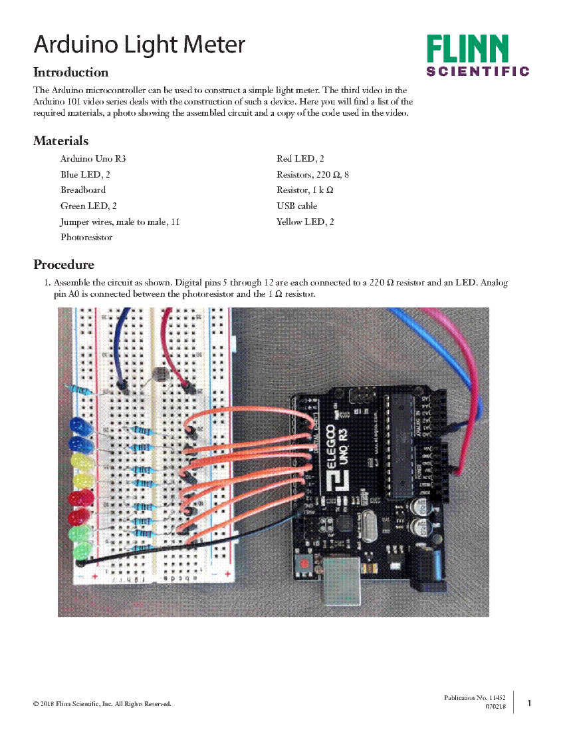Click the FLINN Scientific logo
tap(477, 56)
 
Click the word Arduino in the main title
tap(74, 45)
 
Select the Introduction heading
tap(70, 73)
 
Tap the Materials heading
tap(60, 141)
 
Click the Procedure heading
tap(64, 265)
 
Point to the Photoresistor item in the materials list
tap(86, 238)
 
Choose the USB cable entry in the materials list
tap(296, 206)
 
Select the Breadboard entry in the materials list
tap(83, 190)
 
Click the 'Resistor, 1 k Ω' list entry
tap(304, 190)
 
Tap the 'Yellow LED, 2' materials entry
tap(305, 222)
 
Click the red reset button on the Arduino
tap(304, 564)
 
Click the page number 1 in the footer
tap(529, 703)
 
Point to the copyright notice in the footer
tap(102, 703)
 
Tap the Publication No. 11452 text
tap(475, 697)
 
